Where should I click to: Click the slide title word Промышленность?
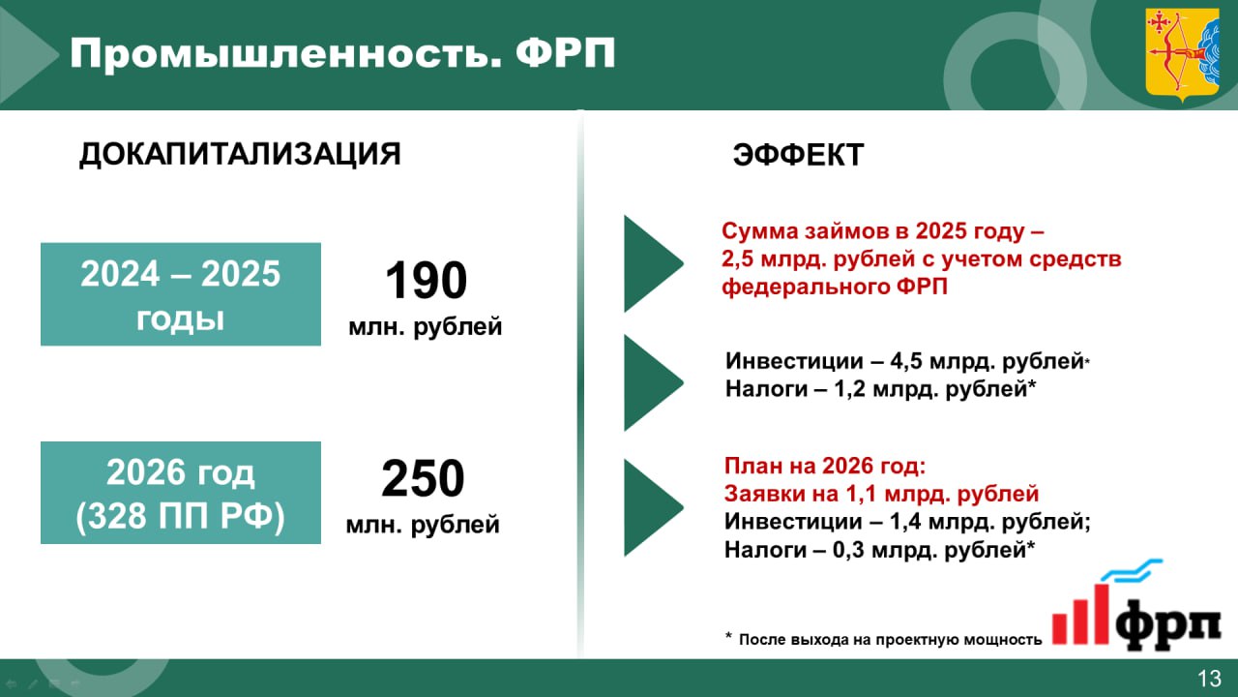285,54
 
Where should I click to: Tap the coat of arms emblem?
1182,55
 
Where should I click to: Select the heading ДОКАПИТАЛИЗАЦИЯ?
240,154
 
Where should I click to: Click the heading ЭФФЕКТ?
798,154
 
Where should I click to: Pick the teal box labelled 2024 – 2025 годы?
181,294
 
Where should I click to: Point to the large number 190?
426,281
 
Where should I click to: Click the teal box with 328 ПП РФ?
181,493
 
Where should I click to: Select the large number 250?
423,478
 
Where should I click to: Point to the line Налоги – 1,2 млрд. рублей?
880,389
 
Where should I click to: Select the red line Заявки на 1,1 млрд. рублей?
881,494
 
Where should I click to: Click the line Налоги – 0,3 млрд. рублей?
879,550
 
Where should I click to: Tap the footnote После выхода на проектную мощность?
890,640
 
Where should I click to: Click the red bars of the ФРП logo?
1080,615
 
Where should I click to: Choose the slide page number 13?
1209,679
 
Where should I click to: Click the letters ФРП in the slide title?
566,54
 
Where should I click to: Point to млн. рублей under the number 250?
423,525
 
